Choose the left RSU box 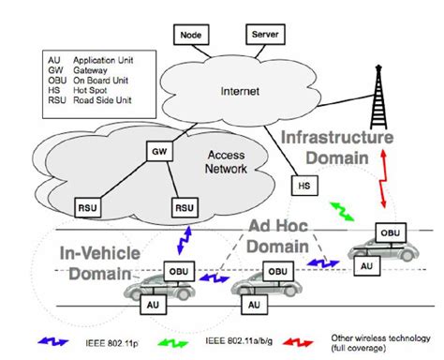[x=89, y=203]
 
